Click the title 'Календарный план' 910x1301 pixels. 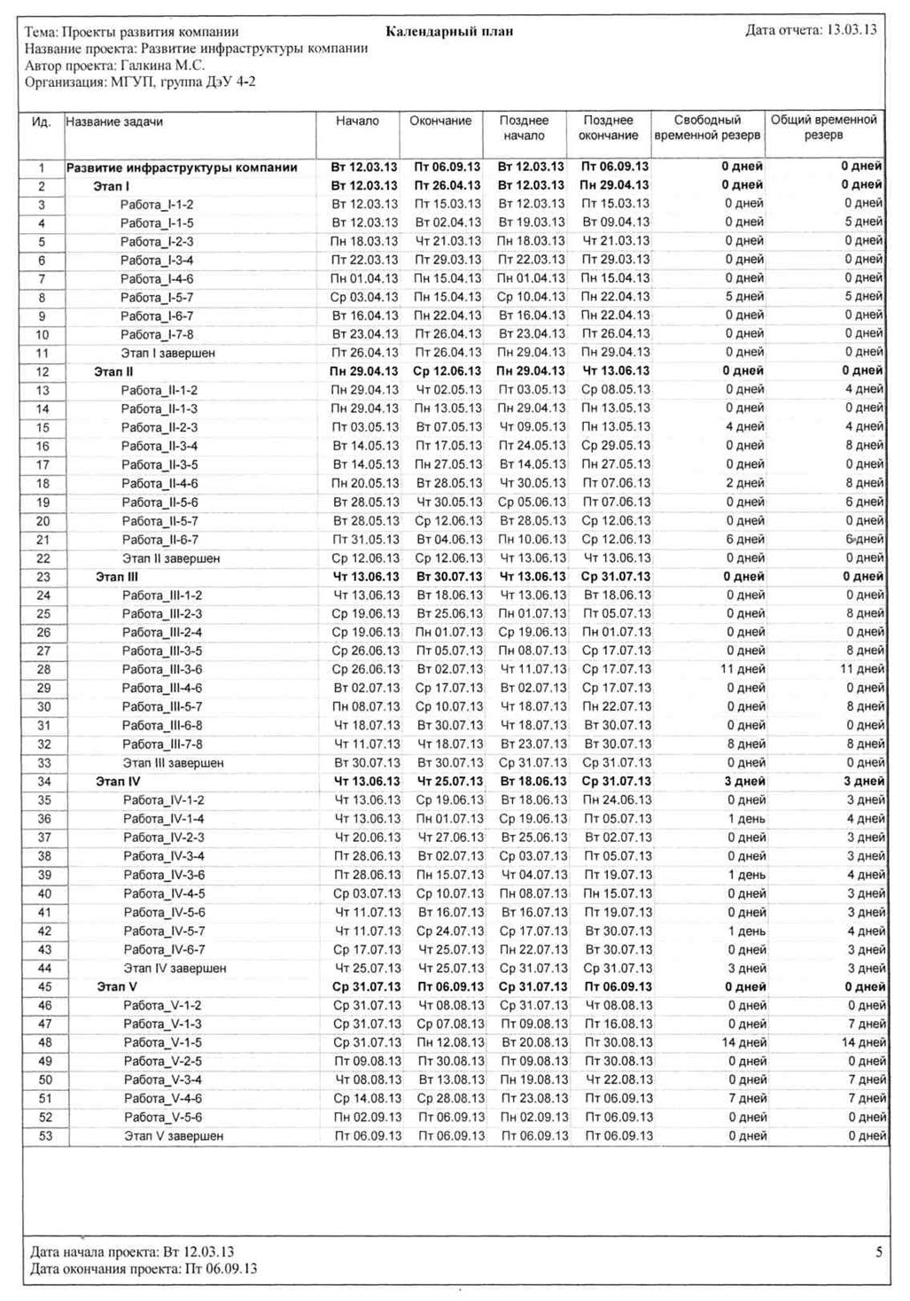coord(449,32)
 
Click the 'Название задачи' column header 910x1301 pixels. coord(114,122)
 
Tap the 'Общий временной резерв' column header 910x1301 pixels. coord(823,128)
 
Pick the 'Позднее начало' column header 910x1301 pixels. coord(524,128)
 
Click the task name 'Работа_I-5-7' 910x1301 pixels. coord(157,298)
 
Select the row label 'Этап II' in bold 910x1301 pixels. coord(113,372)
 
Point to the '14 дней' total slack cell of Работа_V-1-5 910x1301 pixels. coord(863,1042)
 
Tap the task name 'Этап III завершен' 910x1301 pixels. coord(173,763)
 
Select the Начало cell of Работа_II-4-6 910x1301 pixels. coord(365,484)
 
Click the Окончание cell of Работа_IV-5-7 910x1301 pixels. coord(450,931)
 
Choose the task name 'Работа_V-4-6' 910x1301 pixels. coord(163,1099)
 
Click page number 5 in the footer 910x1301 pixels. coord(879,1252)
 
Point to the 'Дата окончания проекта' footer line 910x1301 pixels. coord(144,1269)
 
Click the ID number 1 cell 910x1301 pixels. coord(42,167)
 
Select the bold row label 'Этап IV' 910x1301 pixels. coord(118,782)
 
